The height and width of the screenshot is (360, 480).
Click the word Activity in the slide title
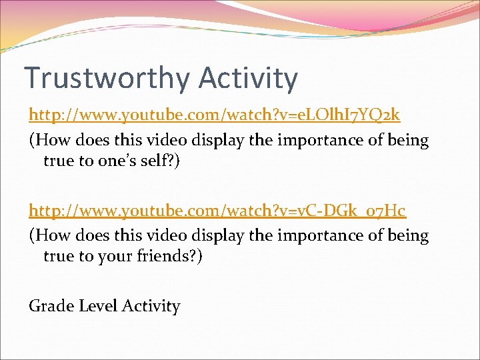247,78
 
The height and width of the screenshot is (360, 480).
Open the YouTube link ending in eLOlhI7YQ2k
214,115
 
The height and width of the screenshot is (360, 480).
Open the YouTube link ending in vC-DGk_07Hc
217,211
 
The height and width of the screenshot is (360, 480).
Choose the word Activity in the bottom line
154,307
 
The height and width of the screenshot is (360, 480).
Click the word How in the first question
51,141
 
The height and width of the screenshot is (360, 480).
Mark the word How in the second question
51,236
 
